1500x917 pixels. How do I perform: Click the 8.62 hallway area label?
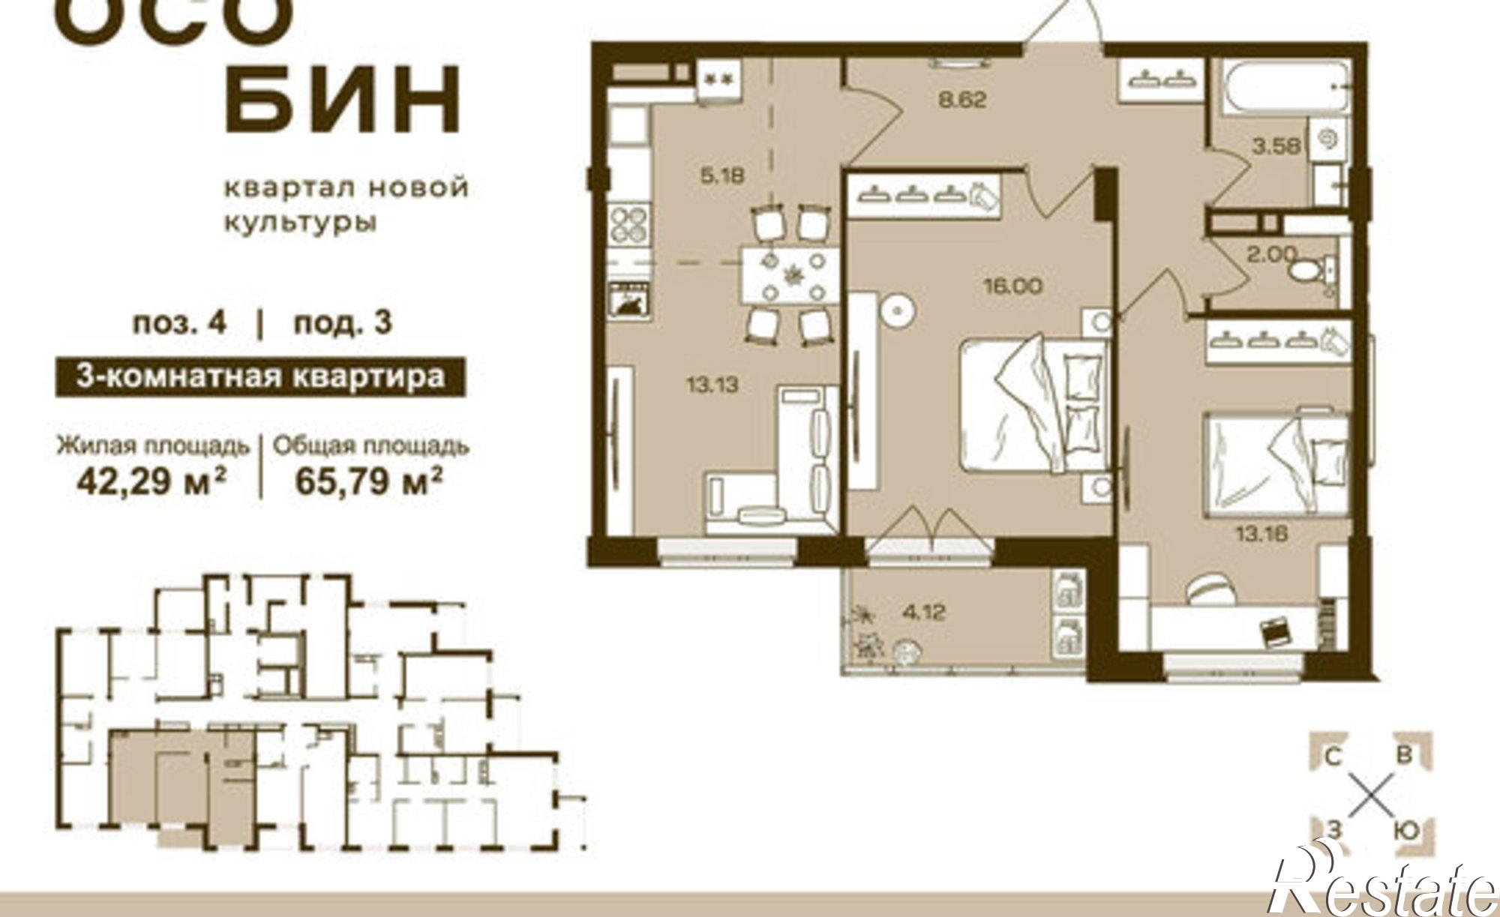click(x=962, y=100)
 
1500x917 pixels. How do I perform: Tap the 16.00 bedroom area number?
click(x=1012, y=286)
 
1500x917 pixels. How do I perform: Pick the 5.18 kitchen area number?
click(x=721, y=176)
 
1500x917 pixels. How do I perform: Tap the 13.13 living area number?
click(x=712, y=385)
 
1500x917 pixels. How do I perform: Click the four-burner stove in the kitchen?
click(x=628, y=223)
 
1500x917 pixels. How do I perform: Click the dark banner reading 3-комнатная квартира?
click(x=260, y=377)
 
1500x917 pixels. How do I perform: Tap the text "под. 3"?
click(x=343, y=323)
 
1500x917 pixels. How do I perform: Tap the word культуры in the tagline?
click(x=300, y=223)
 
